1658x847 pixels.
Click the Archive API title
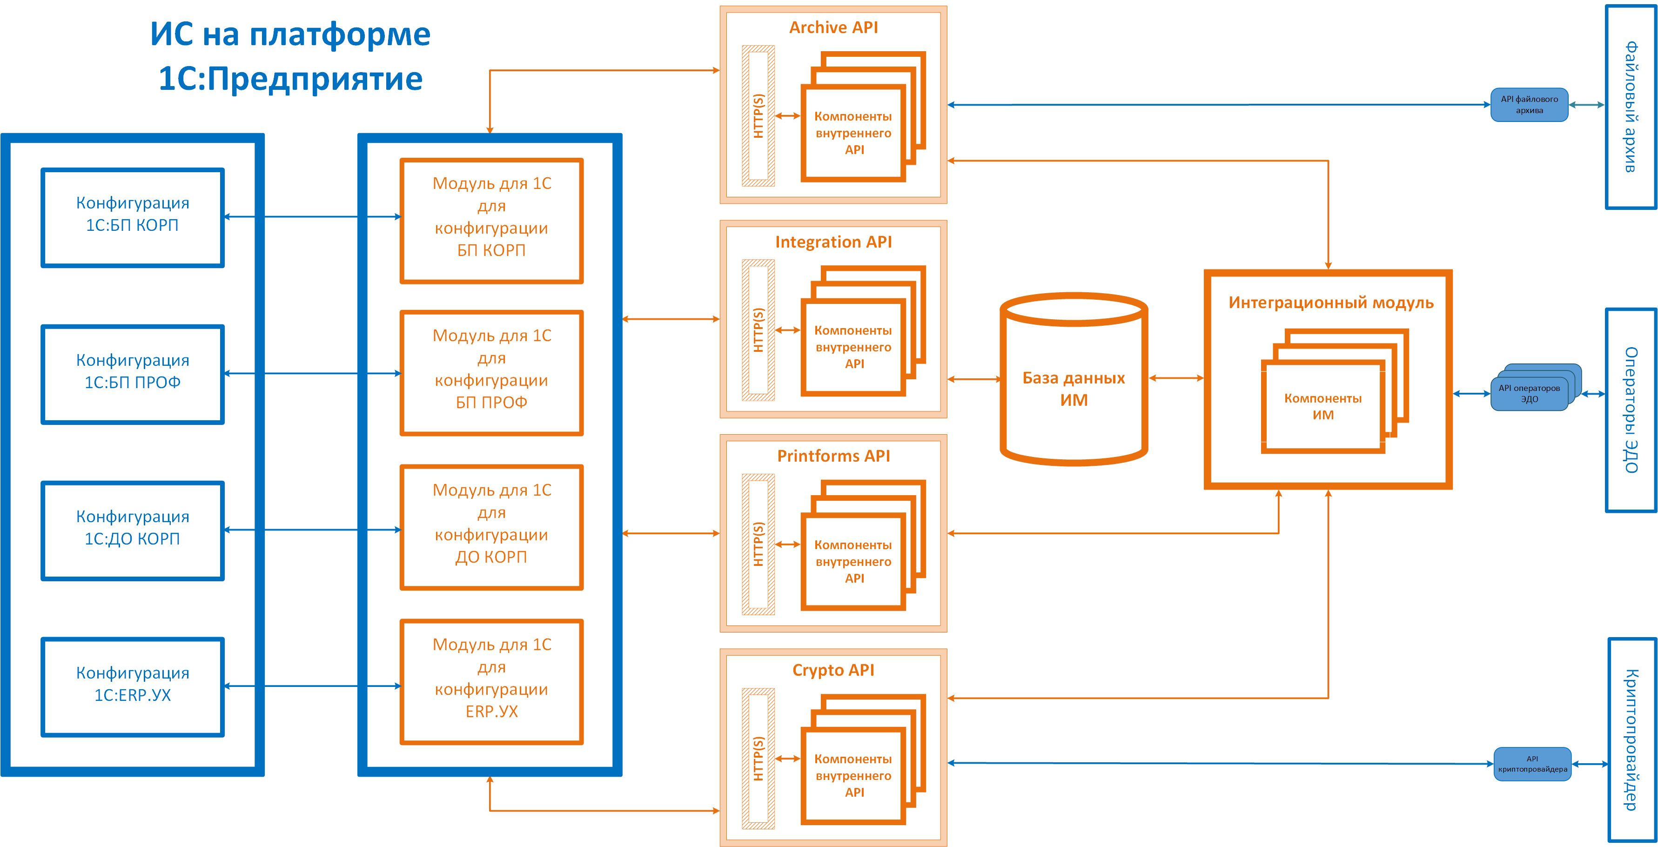coord(833,27)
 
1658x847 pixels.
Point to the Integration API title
coord(833,242)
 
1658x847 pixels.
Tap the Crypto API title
coord(833,670)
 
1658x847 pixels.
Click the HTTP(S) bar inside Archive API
coord(758,116)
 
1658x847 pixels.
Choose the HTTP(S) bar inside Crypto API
coord(758,758)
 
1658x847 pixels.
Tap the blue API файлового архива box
coord(1529,105)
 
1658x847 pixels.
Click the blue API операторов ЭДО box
coord(1529,393)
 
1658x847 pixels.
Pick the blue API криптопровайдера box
coord(1532,764)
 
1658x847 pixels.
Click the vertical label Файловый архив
coord(1631,107)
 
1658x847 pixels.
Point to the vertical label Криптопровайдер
coord(1631,740)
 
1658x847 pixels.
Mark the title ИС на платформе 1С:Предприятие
coord(290,56)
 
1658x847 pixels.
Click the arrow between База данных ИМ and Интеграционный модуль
coord(1176,378)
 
